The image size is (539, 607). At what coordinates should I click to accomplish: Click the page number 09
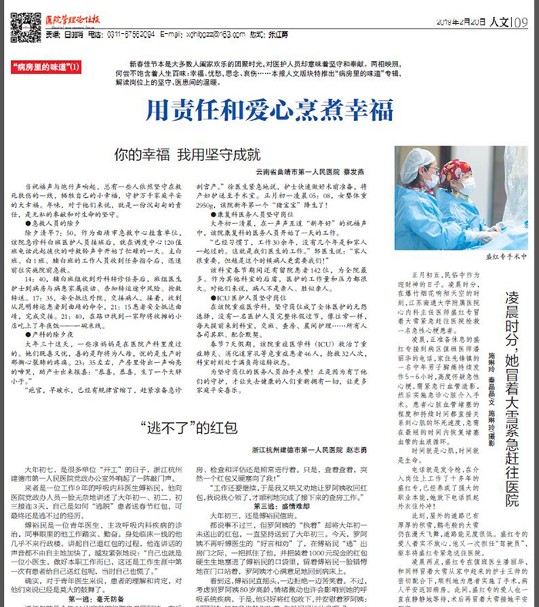pyautogui.click(x=520, y=22)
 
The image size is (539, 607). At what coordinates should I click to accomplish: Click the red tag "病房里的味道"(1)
pyautogui.click(x=46, y=67)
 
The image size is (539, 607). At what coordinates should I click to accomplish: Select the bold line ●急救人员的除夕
pyautogui.click(x=52, y=223)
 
